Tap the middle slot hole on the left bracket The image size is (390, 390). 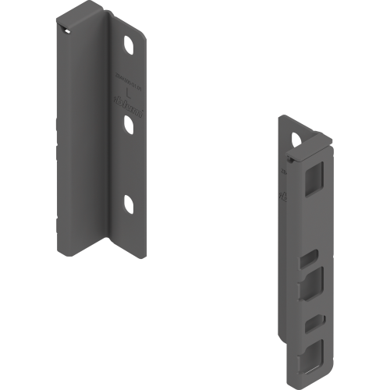127,123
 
